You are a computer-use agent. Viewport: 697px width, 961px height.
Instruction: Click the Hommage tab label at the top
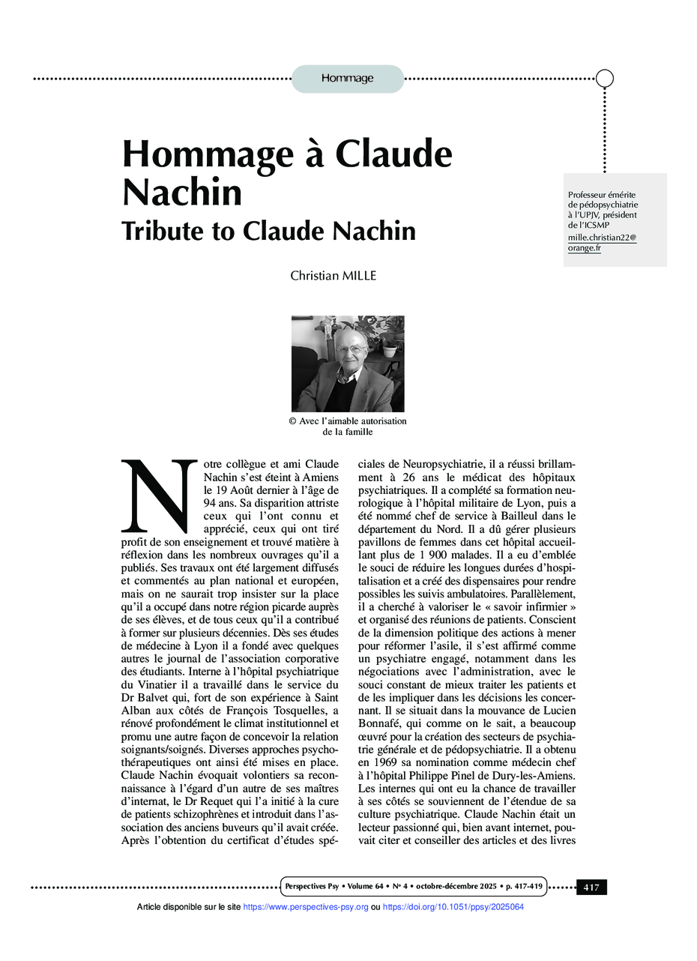(x=347, y=79)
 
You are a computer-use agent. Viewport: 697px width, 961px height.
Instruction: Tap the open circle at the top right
(x=605, y=78)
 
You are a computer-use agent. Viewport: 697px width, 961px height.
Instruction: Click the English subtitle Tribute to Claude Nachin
(x=268, y=230)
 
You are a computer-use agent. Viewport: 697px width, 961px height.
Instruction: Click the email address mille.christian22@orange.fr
(x=601, y=242)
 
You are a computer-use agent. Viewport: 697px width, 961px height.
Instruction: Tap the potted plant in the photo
(x=389, y=342)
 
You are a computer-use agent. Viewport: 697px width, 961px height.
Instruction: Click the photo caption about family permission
(x=347, y=426)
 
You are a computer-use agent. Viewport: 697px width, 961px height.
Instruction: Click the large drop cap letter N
(x=157, y=495)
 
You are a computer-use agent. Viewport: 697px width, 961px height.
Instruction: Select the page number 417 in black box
(x=591, y=888)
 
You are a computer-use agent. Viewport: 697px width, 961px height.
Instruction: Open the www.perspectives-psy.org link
(x=306, y=907)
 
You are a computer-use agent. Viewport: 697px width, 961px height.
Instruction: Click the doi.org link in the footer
(x=453, y=907)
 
